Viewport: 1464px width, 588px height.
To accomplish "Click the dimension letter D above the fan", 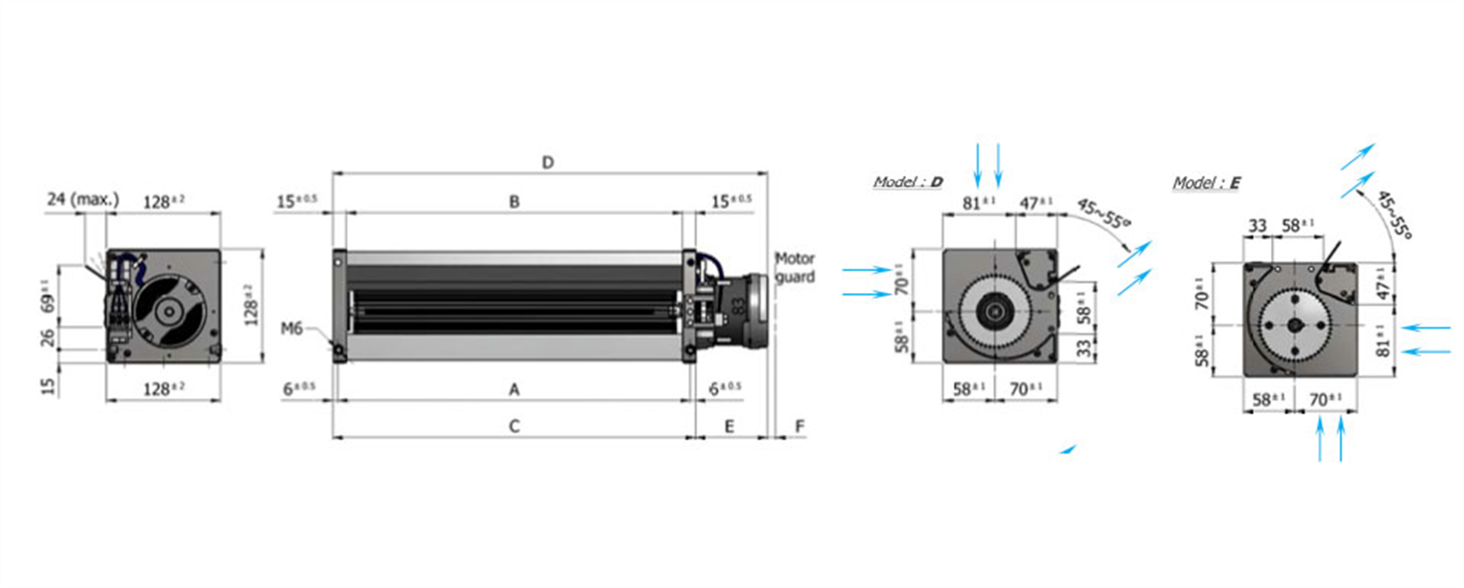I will [548, 163].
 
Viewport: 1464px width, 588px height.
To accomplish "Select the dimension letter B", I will [514, 201].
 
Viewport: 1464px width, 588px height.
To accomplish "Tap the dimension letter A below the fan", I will [514, 390].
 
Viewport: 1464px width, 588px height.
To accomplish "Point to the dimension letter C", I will [514, 426].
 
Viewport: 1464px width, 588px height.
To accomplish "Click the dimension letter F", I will [799, 426].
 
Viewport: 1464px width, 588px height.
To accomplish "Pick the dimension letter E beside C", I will [729, 426].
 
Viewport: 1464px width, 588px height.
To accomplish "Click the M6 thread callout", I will [291, 328].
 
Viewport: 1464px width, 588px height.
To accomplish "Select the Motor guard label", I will [795, 267].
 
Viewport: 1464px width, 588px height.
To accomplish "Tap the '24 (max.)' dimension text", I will [83, 199].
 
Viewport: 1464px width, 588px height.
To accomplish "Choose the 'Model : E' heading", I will [1206, 183].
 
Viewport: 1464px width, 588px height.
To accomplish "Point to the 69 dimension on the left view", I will [48, 297].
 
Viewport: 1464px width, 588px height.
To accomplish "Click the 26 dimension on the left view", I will [48, 338].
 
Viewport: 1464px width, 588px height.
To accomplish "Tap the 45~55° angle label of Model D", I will [1103, 213].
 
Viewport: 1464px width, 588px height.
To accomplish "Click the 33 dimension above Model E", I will [1257, 225].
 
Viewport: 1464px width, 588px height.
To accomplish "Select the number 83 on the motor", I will [738, 306].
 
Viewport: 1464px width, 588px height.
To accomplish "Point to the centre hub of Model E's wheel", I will [1295, 325].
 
